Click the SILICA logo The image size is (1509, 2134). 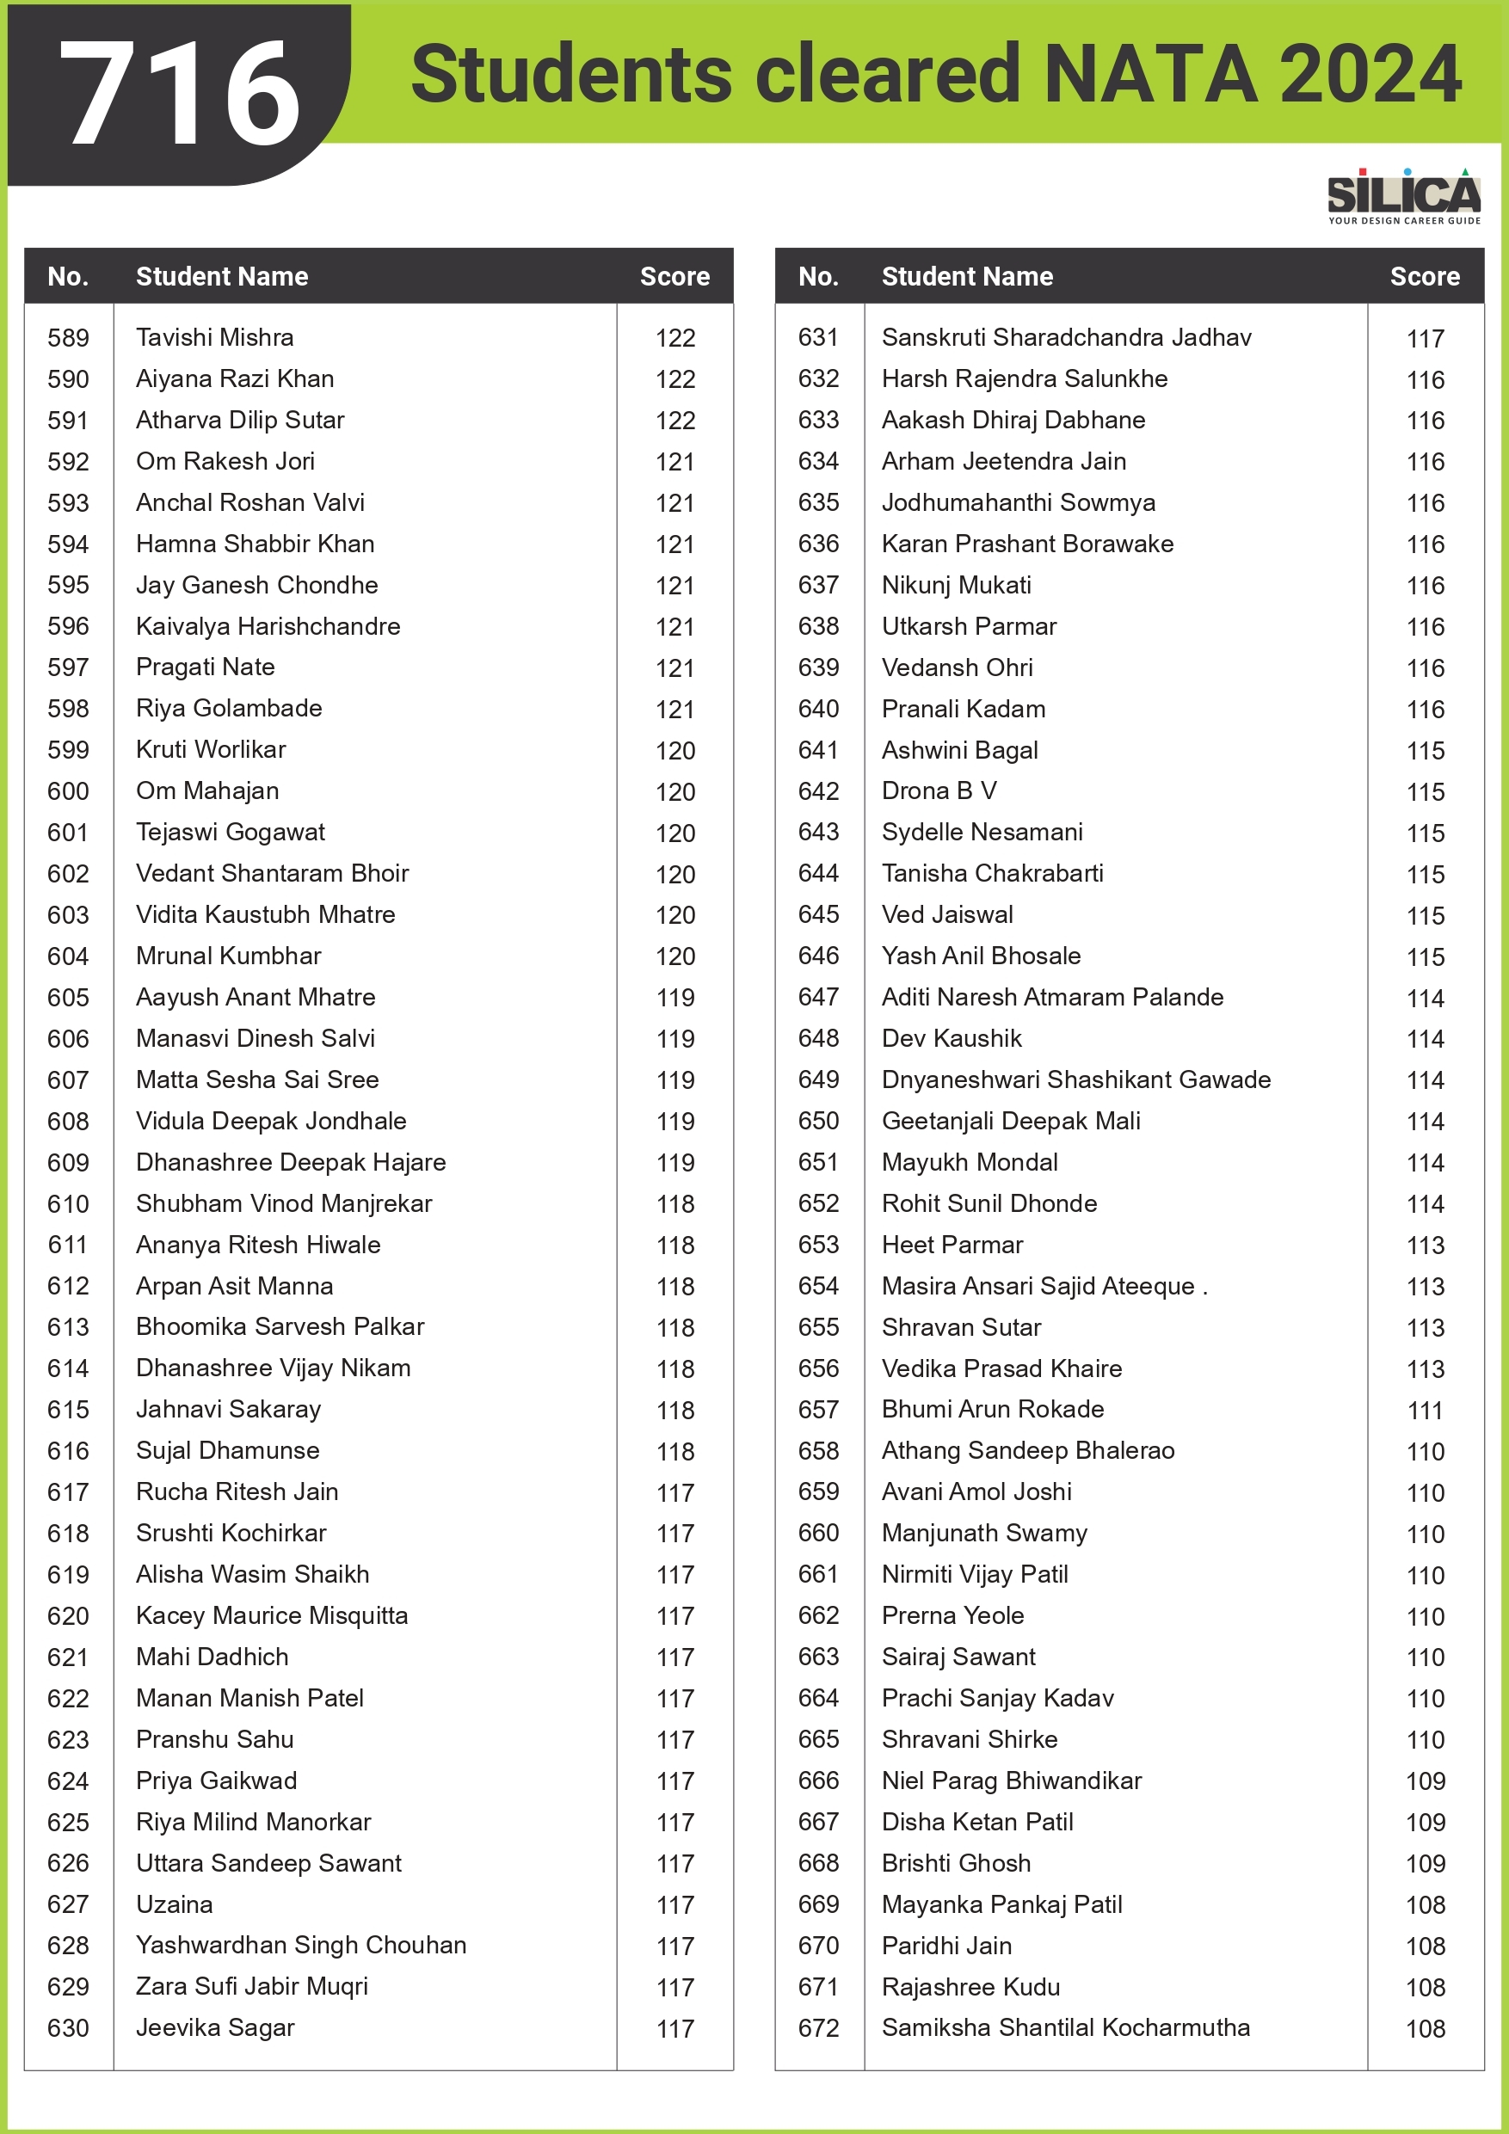pos(1403,196)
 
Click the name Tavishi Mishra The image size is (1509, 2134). pos(215,337)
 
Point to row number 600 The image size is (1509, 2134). pos(68,791)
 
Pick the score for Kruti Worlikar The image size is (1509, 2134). pos(675,751)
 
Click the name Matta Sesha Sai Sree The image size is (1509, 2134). pos(257,1079)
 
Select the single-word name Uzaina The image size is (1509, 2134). pos(174,1904)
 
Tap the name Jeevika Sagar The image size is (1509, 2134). pos(215,2028)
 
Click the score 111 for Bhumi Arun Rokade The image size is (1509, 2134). pos(1425,1410)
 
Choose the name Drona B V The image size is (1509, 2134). pos(939,791)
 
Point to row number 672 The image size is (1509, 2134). pos(818,2028)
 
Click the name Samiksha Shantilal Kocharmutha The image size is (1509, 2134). pos(1065,2028)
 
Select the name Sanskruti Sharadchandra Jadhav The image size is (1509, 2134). pos(1067,337)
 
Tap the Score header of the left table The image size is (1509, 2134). pos(674,276)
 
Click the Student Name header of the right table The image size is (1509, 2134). pos(967,276)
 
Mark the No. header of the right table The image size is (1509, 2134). pos(818,276)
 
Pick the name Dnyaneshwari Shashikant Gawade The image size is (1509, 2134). pos(1075,1079)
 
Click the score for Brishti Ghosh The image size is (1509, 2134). pos(1425,1864)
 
